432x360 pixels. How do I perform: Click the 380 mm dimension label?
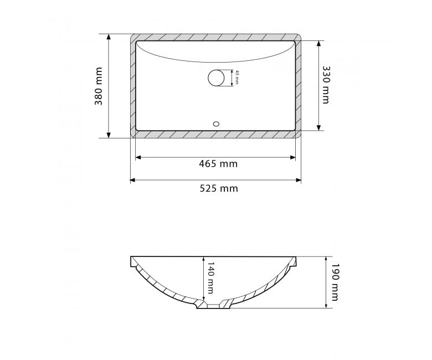[99, 86]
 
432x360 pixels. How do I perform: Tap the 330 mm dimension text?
[326, 85]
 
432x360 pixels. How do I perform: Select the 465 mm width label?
[218, 164]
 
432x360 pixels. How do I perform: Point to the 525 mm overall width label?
[219, 188]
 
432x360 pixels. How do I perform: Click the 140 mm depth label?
[210, 278]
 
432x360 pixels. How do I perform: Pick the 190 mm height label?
[334, 282]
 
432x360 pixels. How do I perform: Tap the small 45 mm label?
[236, 78]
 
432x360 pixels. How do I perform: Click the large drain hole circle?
[216, 78]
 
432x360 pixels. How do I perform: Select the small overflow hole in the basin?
[216, 124]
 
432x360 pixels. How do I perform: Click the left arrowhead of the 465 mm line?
[138, 157]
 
